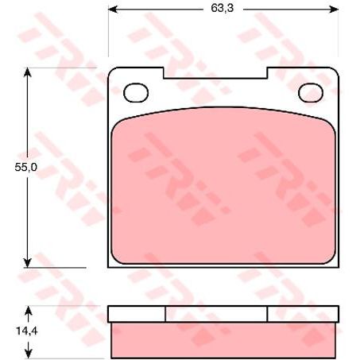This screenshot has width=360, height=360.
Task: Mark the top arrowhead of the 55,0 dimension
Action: (x=28, y=72)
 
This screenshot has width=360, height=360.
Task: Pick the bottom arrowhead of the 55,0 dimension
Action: (x=28, y=263)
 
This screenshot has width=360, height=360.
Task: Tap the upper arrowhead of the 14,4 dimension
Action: (x=28, y=310)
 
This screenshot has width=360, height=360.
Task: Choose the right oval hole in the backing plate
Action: (x=309, y=93)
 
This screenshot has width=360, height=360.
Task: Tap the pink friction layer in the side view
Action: (x=223, y=338)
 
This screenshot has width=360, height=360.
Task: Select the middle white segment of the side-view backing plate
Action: (x=215, y=313)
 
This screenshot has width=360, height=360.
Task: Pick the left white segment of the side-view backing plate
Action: (x=136, y=313)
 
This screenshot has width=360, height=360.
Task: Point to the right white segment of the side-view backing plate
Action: (x=303, y=313)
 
